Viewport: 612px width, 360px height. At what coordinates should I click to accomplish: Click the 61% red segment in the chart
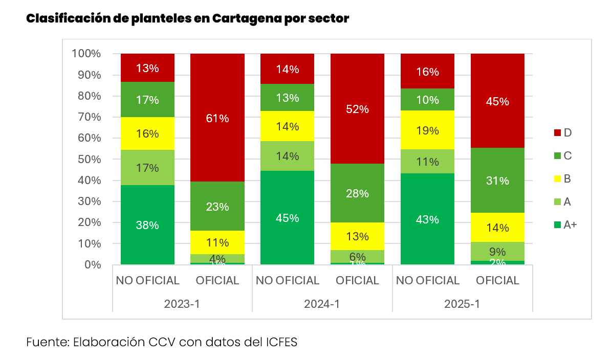click(x=217, y=118)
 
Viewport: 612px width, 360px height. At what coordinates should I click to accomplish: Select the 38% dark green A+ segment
click(x=147, y=225)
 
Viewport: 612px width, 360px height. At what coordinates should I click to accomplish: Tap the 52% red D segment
click(x=357, y=108)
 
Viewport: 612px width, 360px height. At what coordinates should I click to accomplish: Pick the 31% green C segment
click(x=497, y=181)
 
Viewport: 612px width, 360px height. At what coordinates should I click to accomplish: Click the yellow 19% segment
click(x=427, y=130)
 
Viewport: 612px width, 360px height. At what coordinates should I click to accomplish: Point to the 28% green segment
click(x=357, y=193)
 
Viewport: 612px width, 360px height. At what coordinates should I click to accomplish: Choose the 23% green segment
click(x=217, y=207)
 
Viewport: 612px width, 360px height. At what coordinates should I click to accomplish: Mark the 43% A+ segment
click(x=427, y=219)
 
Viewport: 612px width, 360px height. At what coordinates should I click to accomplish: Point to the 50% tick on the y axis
click(x=86, y=159)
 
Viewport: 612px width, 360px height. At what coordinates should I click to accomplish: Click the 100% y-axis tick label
click(x=86, y=54)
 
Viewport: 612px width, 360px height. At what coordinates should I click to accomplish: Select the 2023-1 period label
click(x=182, y=303)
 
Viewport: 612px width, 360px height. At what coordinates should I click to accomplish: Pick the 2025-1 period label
click(x=462, y=303)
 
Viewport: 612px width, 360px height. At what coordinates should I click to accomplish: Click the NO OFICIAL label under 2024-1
click(x=288, y=281)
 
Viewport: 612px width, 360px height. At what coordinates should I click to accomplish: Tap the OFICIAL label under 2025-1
click(x=497, y=281)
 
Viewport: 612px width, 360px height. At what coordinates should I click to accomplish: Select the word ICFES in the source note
click(x=279, y=342)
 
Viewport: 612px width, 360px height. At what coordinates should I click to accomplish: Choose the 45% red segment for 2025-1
click(x=497, y=101)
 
